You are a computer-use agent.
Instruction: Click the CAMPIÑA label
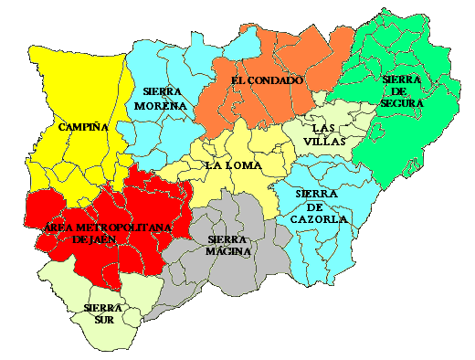coord(83,127)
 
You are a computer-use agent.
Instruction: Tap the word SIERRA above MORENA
coord(164,91)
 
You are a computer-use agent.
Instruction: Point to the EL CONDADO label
coord(267,80)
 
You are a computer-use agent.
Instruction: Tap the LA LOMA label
coord(233,165)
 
